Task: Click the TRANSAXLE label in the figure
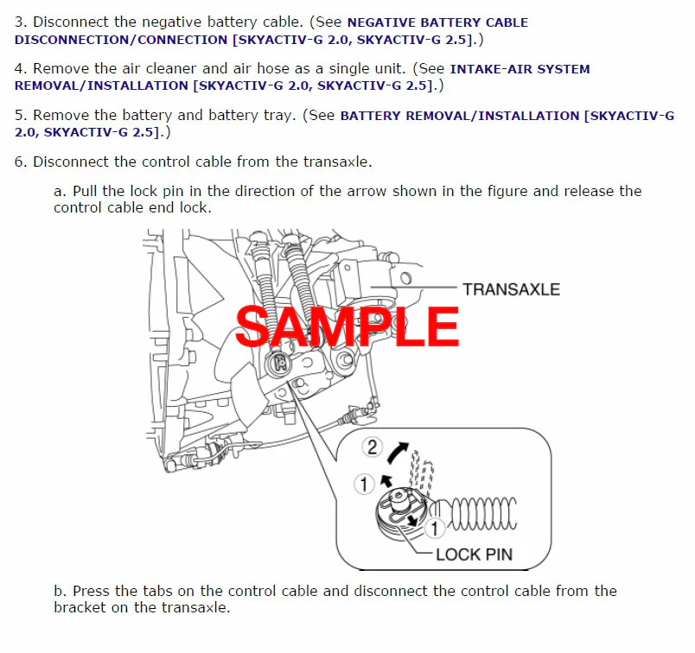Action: click(x=512, y=289)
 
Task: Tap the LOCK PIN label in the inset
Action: click(x=474, y=555)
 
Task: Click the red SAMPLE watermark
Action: click(x=347, y=326)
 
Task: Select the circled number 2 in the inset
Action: click(x=373, y=447)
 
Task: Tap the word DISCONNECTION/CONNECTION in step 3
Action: click(x=121, y=40)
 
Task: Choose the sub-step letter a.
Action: click(x=60, y=192)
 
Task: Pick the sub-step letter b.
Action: click(x=60, y=591)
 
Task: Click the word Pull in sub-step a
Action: click(x=84, y=191)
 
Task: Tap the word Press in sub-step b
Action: click(x=92, y=591)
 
